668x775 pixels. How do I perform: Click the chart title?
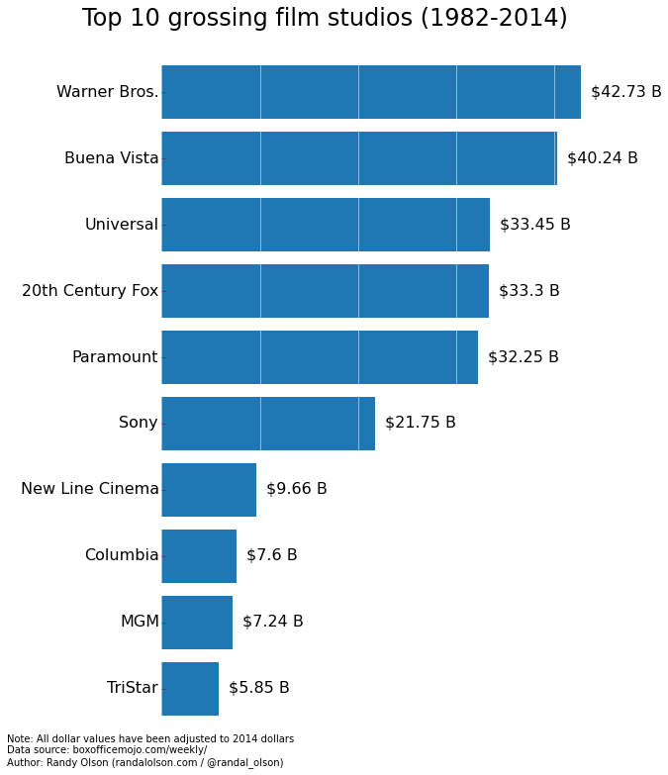(325, 19)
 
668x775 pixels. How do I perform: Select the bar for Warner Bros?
(371, 92)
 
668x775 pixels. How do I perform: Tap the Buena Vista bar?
(359, 158)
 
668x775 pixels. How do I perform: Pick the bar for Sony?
(268, 424)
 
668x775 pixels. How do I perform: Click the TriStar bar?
(190, 689)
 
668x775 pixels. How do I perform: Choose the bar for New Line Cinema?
(209, 490)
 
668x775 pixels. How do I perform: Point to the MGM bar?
(197, 623)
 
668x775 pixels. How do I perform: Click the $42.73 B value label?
(625, 92)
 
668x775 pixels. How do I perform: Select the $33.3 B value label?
(528, 291)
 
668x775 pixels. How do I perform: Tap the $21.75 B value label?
(420, 424)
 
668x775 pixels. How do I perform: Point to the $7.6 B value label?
(271, 556)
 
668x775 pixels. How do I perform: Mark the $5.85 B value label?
(258, 689)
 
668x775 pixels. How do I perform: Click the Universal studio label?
(121, 225)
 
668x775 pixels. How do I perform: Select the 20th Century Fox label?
(90, 291)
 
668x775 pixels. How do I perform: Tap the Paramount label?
(115, 357)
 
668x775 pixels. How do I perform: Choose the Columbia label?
(121, 556)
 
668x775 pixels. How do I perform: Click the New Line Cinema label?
(89, 490)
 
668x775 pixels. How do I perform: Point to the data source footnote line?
(107, 750)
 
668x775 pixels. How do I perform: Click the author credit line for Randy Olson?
(144, 763)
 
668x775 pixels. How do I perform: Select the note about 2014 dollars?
(150, 738)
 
